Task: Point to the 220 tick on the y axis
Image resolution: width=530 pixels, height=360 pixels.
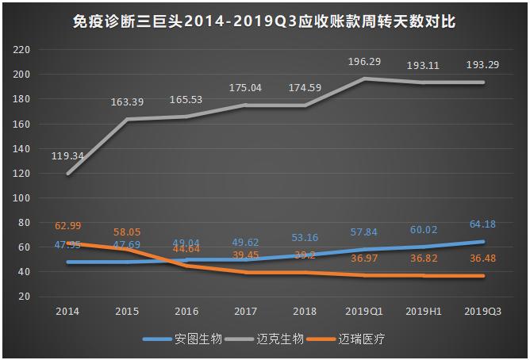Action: (x=22, y=50)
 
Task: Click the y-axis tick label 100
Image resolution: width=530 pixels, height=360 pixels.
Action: (x=22, y=198)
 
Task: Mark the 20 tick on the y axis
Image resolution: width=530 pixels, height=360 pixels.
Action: (x=25, y=297)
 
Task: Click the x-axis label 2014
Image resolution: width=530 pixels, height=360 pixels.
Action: (x=67, y=312)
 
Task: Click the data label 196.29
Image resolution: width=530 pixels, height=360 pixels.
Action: (x=364, y=61)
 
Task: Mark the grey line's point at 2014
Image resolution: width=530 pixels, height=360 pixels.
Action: (x=67, y=174)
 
